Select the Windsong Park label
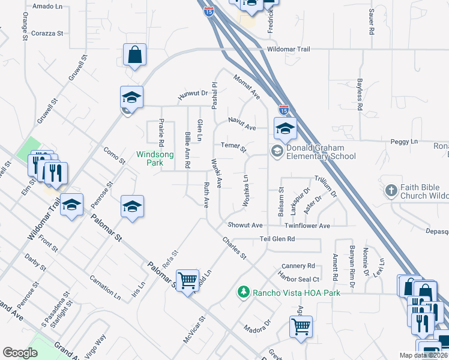click(155, 158)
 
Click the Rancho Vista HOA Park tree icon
click(244, 292)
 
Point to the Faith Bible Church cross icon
click(391, 191)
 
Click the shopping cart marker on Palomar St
click(188, 280)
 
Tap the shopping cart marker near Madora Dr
click(301, 326)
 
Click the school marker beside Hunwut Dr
click(131, 97)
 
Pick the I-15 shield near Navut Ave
click(284, 110)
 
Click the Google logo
click(20, 353)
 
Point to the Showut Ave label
click(245, 225)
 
